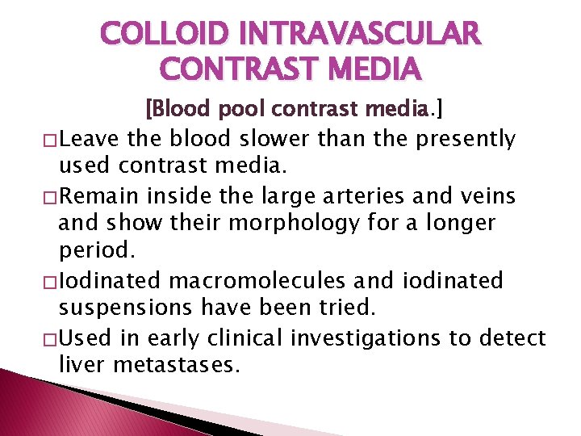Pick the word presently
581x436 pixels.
[466, 139]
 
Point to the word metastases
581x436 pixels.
[177, 365]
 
